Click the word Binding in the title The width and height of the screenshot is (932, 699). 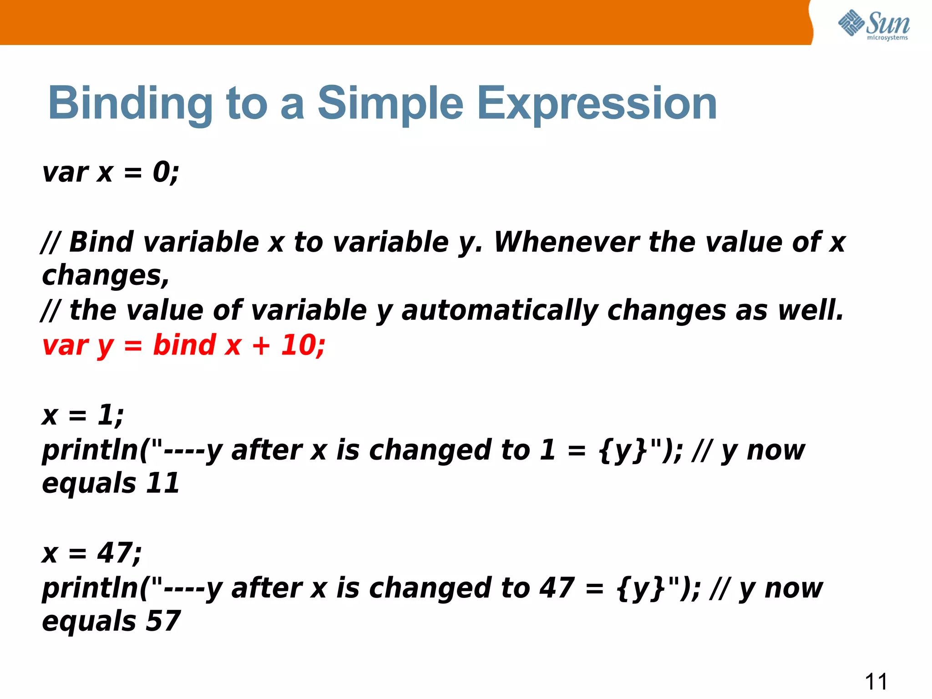130,104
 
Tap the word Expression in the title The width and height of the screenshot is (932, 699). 597,104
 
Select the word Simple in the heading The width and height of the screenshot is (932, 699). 390,104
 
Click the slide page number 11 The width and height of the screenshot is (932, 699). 876,682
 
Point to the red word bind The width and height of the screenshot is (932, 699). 184,345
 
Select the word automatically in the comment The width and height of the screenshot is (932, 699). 499,311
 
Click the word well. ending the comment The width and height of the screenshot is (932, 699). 810,311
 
